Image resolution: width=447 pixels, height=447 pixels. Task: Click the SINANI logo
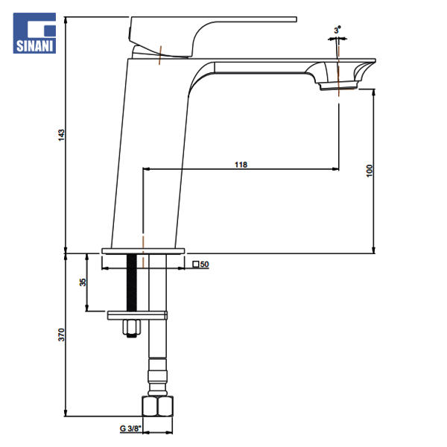[x=34, y=33]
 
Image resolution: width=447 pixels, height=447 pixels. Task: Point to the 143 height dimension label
[x=61, y=135]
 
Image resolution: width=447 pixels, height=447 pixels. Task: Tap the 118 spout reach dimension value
[x=241, y=165]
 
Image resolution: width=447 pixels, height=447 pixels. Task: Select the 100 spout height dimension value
[x=370, y=171]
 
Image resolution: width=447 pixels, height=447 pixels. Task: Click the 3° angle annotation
[x=337, y=30]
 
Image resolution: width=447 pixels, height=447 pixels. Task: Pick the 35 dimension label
[x=83, y=282]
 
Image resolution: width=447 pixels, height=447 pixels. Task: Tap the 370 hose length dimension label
[x=61, y=335]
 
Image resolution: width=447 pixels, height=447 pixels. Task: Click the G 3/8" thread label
[x=130, y=428]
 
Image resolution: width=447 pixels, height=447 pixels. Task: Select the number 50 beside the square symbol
[x=204, y=264]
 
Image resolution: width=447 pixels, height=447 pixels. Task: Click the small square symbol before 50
[x=195, y=264]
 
